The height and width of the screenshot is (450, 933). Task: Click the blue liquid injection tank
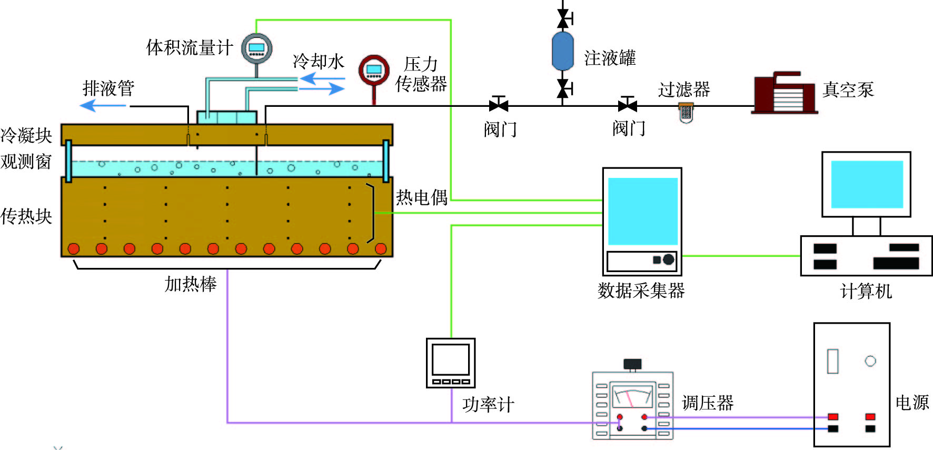[x=562, y=51]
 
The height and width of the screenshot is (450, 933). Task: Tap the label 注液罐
[x=610, y=58]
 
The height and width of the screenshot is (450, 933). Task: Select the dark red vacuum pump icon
[x=785, y=93]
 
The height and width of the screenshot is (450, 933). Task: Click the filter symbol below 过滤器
[x=686, y=112]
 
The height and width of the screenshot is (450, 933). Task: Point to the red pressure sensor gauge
[x=374, y=71]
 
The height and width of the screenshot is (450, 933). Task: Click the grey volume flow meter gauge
[x=256, y=48]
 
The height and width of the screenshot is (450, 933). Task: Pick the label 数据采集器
[x=641, y=291]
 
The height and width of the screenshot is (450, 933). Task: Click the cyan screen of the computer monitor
[x=867, y=184]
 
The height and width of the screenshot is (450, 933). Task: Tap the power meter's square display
[x=451, y=359]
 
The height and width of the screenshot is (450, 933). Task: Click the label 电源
[x=912, y=403]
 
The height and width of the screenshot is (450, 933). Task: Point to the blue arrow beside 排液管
[x=103, y=106]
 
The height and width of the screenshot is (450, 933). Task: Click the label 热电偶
[x=422, y=197]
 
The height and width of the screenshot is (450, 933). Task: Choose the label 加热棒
[x=191, y=284]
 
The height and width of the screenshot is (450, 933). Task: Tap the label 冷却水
[x=318, y=62]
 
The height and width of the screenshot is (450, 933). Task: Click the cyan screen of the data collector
[x=642, y=211]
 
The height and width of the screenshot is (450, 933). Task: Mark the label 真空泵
[x=848, y=89]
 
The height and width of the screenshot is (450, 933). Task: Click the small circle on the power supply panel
[x=870, y=361]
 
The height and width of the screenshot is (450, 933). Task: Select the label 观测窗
[x=26, y=162]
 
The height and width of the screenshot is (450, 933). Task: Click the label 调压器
[x=708, y=403]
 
